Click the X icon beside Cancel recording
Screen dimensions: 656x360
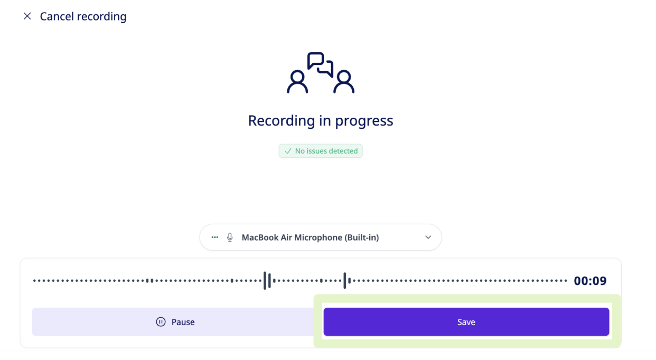point(27,16)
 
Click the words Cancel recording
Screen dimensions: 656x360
point(83,16)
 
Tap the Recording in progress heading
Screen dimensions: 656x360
point(321,120)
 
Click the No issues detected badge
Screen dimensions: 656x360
point(321,151)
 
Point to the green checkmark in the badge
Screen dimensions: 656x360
point(288,151)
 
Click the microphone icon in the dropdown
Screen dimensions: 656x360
point(230,238)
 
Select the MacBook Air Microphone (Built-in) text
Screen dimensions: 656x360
point(310,238)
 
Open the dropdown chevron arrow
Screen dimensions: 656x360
point(428,238)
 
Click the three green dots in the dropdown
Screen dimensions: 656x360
point(214,237)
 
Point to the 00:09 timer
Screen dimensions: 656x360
point(590,281)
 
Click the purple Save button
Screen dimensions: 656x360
point(466,321)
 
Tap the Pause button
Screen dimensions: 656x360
point(175,321)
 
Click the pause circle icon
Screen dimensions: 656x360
point(161,321)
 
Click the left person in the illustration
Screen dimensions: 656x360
point(297,82)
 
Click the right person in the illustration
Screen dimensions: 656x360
point(344,82)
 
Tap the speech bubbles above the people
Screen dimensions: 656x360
point(321,65)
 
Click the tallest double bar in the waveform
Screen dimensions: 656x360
point(267,281)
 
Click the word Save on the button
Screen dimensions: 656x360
point(466,322)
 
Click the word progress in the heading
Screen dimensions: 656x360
point(364,121)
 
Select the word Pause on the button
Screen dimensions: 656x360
point(183,322)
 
